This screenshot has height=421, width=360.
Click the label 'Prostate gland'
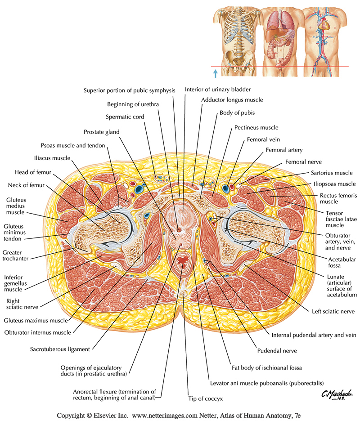pos(101,132)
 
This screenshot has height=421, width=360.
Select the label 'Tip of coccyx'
pos(205,399)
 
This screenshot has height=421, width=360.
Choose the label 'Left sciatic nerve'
pos(333,311)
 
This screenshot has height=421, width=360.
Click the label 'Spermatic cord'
pos(125,117)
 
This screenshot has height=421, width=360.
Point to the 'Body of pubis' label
pos(237,113)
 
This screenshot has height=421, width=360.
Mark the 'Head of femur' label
pos(34,172)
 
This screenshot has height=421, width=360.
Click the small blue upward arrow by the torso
pos(216,72)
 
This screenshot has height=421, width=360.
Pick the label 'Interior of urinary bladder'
pos(217,90)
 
